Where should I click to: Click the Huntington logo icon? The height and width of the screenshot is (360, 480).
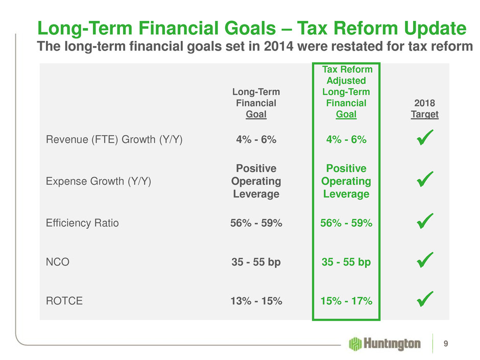click(x=355, y=343)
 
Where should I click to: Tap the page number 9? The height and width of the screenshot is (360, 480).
click(x=447, y=343)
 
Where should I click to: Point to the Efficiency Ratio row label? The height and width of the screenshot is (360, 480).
click(x=82, y=223)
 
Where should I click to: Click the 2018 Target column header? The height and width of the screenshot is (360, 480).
click(x=424, y=109)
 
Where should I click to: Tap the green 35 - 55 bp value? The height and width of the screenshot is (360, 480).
click(x=347, y=262)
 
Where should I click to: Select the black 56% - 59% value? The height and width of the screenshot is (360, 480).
click(x=256, y=223)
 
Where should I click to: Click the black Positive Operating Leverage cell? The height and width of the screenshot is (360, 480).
click(x=256, y=181)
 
